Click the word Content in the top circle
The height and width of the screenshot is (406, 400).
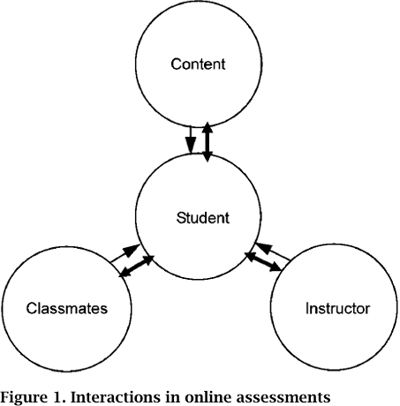[x=198, y=64]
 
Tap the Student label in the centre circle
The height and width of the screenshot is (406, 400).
[x=203, y=218]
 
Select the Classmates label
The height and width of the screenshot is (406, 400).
[x=67, y=308]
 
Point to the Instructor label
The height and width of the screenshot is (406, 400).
[x=337, y=308]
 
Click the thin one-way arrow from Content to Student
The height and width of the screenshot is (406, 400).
[x=191, y=139]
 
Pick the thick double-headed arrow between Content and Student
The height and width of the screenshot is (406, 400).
[x=208, y=142]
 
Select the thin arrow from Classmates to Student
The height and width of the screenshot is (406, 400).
[x=125, y=253]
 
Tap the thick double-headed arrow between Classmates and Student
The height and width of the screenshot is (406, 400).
[x=136, y=267]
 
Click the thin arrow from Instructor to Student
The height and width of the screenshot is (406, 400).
[x=273, y=252]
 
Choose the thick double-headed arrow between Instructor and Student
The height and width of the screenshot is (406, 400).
[x=263, y=261]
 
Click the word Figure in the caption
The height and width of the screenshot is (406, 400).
[x=24, y=397]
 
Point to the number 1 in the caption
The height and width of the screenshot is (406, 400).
[x=60, y=397]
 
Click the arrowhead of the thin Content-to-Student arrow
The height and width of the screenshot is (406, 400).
[x=191, y=147]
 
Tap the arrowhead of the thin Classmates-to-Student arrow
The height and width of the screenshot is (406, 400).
[x=132, y=250]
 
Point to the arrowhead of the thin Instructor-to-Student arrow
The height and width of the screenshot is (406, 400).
[x=263, y=248]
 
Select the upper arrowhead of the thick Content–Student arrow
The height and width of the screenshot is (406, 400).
[x=208, y=127]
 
